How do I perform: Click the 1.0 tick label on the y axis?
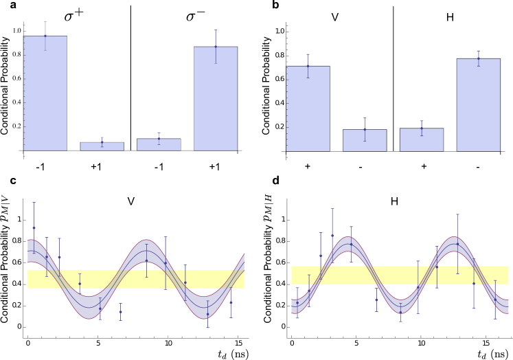click(x=18, y=30)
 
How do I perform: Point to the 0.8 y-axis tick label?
click(x=18, y=54)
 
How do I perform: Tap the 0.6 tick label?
click(x=18, y=78)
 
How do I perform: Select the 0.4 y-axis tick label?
click(x=18, y=102)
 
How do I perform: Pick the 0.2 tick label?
click(x=18, y=126)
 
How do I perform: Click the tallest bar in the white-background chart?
click(x=45, y=93)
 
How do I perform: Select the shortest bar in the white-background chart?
click(x=102, y=146)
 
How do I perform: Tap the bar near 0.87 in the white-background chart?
click(x=216, y=99)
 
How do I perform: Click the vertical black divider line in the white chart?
click(x=130, y=86)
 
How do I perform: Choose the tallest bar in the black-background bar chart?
click(x=478, y=105)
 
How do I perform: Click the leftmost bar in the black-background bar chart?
click(x=308, y=109)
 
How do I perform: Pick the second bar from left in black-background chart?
click(x=365, y=140)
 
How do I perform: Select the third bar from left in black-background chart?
click(x=422, y=139)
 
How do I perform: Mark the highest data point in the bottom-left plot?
click(x=34, y=227)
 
